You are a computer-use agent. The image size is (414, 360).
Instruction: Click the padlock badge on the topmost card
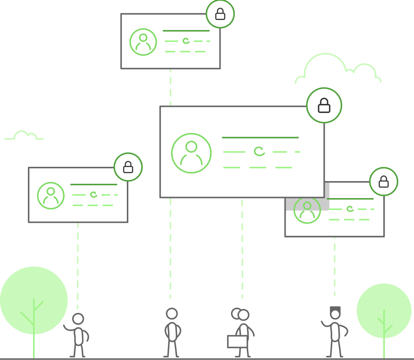tap(220, 14)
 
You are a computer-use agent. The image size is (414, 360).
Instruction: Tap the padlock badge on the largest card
tap(324, 105)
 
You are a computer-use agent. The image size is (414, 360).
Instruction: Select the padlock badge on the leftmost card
tap(128, 167)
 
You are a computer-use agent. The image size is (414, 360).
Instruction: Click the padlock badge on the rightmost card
tap(384, 182)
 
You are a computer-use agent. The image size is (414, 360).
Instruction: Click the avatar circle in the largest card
tap(191, 153)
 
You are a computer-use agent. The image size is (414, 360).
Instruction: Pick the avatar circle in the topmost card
tap(143, 42)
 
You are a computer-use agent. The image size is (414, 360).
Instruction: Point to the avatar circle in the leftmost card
tap(50, 195)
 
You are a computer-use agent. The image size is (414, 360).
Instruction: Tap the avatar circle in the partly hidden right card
tap(307, 210)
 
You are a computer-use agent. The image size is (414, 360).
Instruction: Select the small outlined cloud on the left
tap(23, 136)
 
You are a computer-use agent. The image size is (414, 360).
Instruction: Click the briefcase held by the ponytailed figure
tap(237, 342)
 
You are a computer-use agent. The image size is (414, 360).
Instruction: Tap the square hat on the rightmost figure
tap(335, 309)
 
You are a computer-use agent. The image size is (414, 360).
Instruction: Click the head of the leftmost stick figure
tap(78, 319)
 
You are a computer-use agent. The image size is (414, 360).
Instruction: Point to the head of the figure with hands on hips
tap(172, 314)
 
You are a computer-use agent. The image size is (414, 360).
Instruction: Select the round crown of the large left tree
tap(34, 294)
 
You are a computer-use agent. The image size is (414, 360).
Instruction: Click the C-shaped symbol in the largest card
tap(259, 151)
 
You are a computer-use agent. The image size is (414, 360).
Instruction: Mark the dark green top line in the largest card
tap(260, 137)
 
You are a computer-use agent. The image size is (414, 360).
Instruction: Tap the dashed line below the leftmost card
tap(78, 264)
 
